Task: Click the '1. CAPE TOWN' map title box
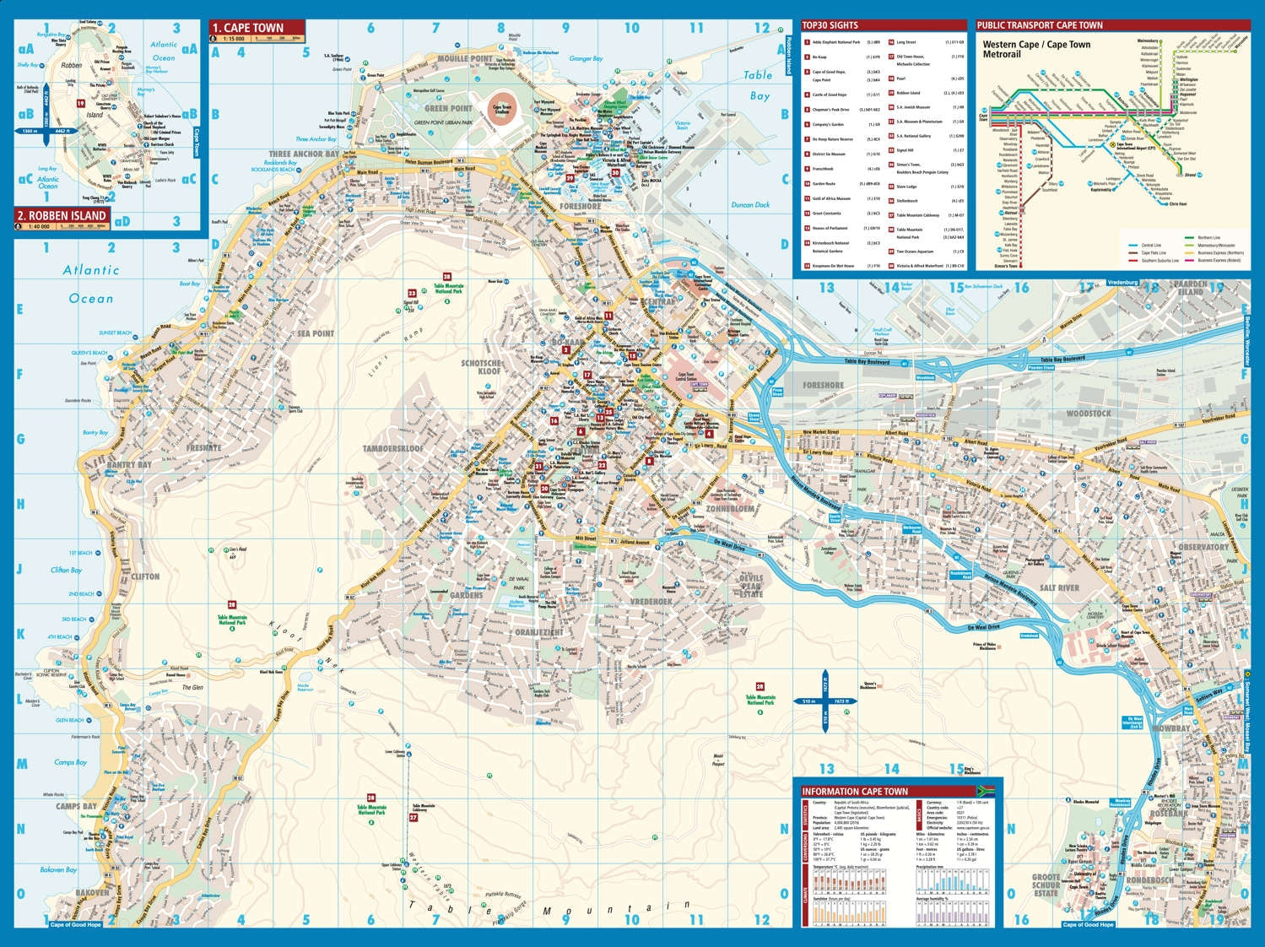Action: click(257, 28)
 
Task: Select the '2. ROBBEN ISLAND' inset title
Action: click(62, 215)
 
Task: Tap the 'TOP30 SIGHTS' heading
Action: click(830, 25)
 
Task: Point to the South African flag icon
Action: click(986, 791)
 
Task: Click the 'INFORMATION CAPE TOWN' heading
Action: click(856, 791)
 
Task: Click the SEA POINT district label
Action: click(315, 333)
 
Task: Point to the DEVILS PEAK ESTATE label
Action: click(751, 586)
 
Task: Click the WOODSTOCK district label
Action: click(1089, 414)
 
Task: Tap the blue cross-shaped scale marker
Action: click(824, 701)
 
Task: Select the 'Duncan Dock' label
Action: click(749, 205)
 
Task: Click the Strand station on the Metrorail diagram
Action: click(1190, 176)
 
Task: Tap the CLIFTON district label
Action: click(145, 576)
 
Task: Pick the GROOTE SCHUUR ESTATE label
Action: click(1046, 885)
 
